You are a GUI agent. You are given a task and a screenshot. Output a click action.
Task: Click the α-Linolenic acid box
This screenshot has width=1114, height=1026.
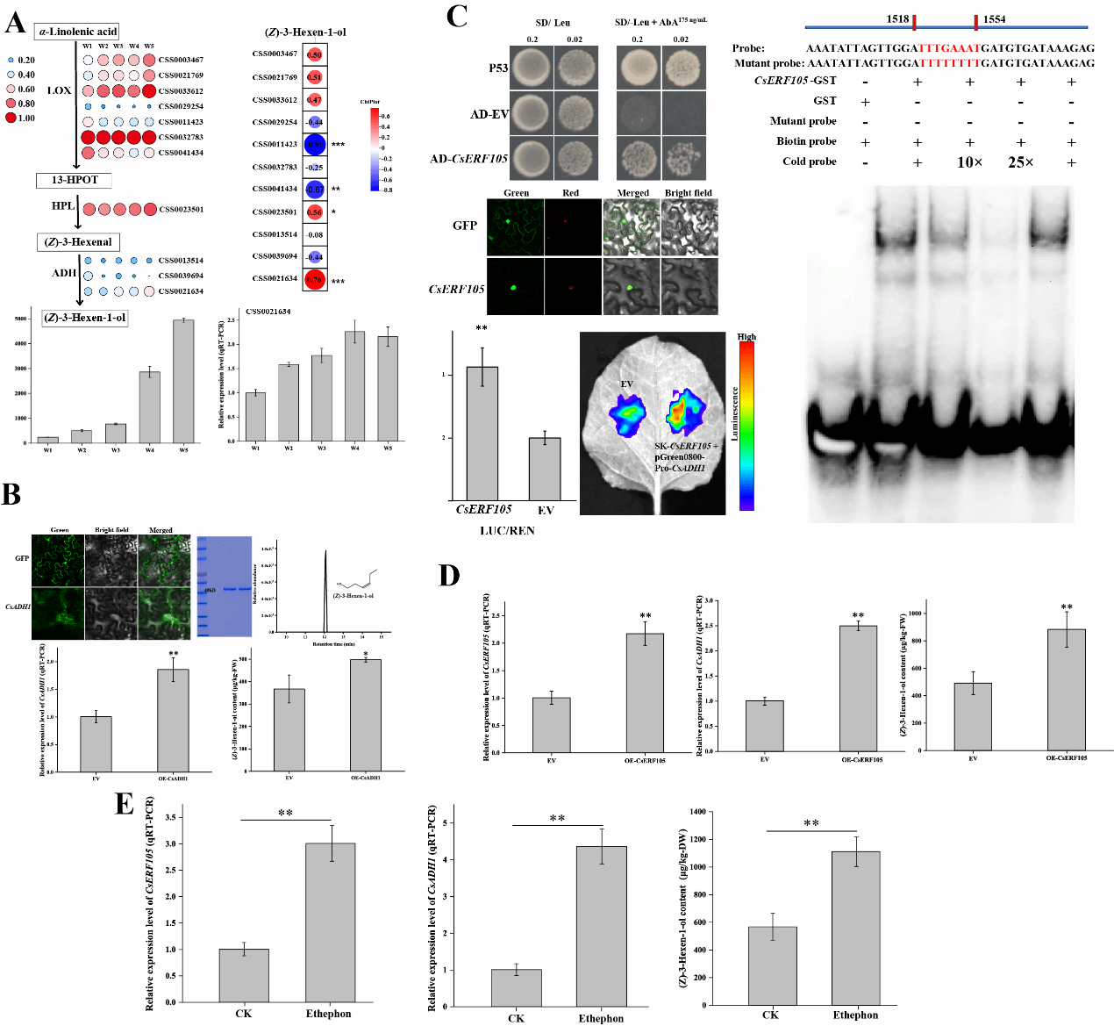[x=77, y=32]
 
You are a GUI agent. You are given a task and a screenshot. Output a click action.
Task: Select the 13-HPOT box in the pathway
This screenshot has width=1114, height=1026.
[x=75, y=180]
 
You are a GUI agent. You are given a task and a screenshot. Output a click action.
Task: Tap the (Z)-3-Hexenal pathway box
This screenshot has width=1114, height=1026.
[x=78, y=242]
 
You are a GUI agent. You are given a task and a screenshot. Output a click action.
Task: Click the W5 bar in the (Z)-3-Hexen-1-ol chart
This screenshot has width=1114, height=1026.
[x=183, y=381]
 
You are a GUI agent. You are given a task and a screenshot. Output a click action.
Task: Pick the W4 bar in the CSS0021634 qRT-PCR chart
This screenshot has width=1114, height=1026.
[x=354, y=386]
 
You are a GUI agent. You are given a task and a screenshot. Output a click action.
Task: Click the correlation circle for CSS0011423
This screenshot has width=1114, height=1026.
[x=315, y=145]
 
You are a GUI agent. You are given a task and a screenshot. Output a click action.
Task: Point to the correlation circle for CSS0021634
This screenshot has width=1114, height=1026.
[x=315, y=280]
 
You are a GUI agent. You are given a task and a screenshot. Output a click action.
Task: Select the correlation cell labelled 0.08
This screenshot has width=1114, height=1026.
[x=315, y=234]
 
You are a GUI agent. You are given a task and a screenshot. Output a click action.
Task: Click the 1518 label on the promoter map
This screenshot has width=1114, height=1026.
[x=897, y=19]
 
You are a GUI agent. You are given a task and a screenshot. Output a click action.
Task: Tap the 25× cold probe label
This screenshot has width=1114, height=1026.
[x=1020, y=162]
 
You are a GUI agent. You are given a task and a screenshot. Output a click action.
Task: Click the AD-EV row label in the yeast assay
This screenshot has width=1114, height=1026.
[x=489, y=114]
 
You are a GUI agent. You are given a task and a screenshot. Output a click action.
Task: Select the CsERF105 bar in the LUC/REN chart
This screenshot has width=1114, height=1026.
[x=482, y=434]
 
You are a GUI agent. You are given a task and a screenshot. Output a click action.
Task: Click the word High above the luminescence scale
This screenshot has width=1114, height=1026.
[x=746, y=337]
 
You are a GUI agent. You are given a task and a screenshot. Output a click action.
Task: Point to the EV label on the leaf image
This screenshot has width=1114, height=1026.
[x=626, y=384]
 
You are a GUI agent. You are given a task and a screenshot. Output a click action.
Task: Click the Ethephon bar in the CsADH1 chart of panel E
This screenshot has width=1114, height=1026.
[x=601, y=926]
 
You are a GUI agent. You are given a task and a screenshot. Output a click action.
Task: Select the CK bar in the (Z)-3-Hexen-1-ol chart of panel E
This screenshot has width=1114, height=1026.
[x=772, y=965]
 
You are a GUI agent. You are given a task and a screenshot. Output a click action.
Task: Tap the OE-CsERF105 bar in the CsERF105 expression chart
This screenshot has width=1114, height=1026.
[x=645, y=692]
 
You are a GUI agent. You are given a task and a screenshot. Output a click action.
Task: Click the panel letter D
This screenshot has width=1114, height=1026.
[x=448, y=576]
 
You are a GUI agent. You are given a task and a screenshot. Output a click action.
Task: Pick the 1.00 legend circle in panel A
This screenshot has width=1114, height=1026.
[x=11, y=118]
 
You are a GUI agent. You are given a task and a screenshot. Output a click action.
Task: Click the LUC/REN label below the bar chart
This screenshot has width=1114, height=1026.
[x=507, y=530]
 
